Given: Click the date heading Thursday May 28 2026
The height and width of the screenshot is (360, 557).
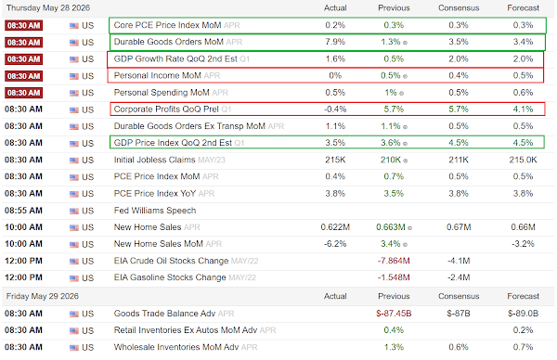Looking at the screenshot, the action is (48, 7).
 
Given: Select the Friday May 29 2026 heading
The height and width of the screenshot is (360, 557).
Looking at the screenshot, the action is (43, 296).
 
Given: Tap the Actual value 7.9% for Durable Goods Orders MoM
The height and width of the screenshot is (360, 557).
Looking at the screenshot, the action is (335, 42).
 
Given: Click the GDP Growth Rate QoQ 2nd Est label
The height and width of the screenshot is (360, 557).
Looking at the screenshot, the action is (175, 59).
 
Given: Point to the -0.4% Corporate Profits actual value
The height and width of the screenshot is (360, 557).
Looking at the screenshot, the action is (335, 109).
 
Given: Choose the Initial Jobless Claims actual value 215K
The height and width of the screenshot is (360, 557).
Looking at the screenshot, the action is (335, 160).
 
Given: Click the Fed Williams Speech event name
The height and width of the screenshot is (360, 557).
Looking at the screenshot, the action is (155, 211).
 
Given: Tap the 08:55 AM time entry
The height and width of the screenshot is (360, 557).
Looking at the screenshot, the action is (23, 211).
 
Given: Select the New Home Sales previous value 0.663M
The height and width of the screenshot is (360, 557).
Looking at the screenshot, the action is (391, 227).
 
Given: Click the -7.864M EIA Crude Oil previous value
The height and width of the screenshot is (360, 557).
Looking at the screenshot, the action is (394, 261).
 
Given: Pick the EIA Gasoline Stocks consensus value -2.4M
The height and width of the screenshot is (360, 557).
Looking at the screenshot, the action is (459, 277).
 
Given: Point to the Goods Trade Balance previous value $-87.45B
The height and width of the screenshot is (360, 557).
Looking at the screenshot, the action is (394, 314).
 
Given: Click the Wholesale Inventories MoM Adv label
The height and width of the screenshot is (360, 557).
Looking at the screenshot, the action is (176, 347).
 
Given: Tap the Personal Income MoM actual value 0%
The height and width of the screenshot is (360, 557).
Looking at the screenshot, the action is (335, 76).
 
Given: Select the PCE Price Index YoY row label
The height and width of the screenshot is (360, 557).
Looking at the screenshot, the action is (155, 194).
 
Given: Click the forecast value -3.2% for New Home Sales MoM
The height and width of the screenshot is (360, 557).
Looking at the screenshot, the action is (523, 244).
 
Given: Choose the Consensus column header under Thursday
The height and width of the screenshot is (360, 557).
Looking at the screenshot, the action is (459, 7).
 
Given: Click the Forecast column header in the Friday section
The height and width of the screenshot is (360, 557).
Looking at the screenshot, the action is (523, 296).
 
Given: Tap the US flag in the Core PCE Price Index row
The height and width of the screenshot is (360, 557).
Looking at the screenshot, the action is (74, 26).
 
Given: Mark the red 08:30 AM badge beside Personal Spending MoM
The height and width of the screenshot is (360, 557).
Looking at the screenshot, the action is (23, 93).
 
